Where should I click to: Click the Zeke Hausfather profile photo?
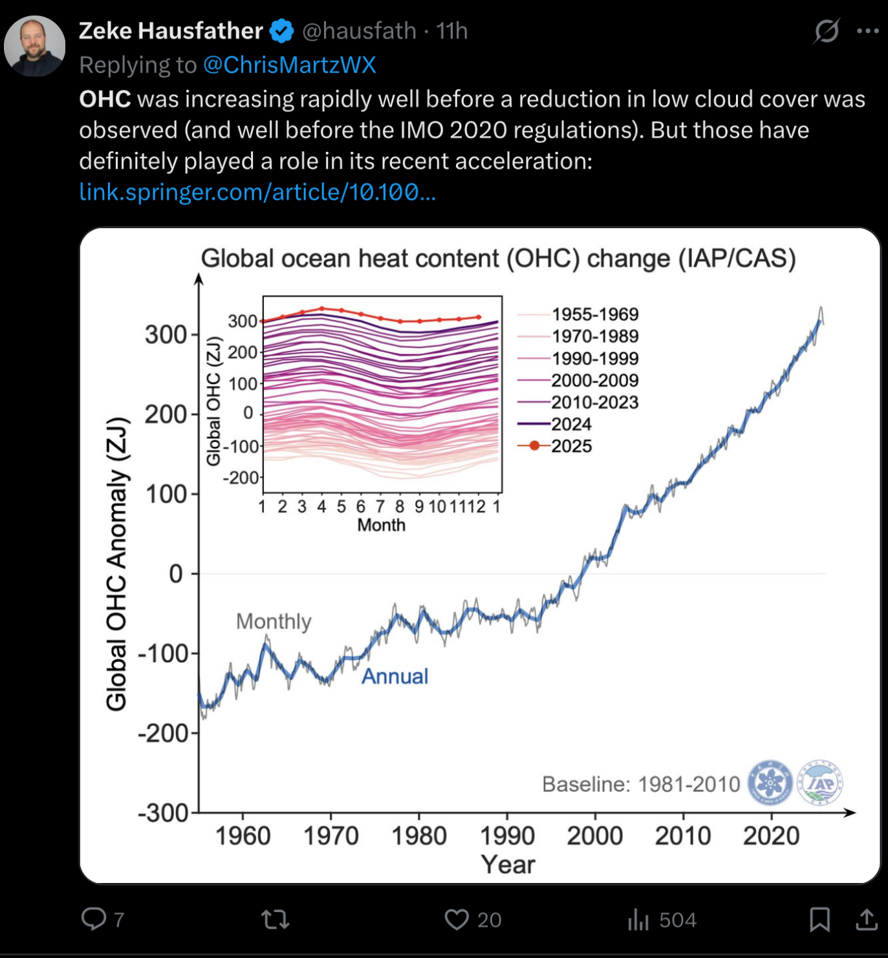[34, 47]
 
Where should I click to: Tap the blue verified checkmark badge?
[281, 31]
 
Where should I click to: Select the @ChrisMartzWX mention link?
[289, 65]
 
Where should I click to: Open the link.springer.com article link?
[257, 192]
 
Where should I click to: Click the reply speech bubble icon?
[94, 919]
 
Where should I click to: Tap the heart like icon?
[457, 919]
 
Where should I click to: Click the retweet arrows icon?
[275, 919]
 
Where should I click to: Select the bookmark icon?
[819, 919]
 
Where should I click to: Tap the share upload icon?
[866, 919]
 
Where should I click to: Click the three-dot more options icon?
[867, 31]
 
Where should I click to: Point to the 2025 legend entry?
[571, 446]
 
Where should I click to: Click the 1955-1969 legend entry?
[594, 314]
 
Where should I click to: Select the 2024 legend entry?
[571, 424]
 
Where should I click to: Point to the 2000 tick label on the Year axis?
[595, 836]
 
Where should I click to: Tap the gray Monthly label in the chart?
[274, 621]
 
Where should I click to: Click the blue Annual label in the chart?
[395, 676]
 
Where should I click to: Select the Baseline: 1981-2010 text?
[641, 784]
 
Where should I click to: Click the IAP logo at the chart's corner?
[820, 783]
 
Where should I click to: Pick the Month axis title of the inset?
[382, 525]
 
